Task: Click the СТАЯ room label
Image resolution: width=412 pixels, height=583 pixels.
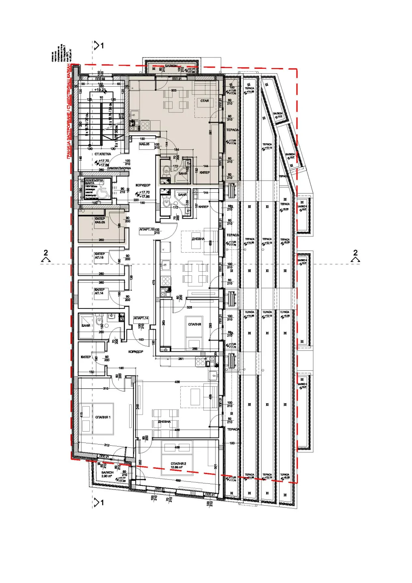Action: point(205,101)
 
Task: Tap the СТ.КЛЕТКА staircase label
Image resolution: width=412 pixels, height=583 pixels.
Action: point(103,154)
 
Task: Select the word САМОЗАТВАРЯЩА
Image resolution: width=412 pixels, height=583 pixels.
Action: point(119,168)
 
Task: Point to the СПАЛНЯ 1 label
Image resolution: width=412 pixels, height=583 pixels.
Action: point(103,417)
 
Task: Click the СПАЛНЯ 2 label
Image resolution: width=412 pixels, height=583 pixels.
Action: point(178,464)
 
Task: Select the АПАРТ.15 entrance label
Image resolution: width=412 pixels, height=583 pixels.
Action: point(147,230)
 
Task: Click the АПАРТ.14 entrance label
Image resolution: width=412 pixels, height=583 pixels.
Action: point(141,319)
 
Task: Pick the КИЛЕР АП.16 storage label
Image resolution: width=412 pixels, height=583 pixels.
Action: point(99,256)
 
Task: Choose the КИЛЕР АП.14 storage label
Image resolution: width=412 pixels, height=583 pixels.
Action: point(99,291)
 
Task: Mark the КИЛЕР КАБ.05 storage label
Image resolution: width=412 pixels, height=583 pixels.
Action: point(100,221)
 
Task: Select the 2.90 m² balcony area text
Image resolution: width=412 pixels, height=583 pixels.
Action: point(107,477)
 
